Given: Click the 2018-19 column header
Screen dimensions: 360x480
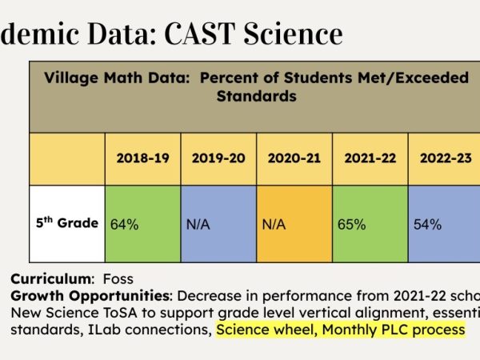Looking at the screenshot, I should point(142,158).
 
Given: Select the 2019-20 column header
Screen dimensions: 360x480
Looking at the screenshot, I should point(218,158).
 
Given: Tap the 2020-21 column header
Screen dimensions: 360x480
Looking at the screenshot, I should point(294,158).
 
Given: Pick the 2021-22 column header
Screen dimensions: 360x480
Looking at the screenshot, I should point(370,158).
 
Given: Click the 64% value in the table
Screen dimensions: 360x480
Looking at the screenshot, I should point(124,225).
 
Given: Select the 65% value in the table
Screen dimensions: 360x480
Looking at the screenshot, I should point(352,225).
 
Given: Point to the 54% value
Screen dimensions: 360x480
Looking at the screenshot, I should point(427,225).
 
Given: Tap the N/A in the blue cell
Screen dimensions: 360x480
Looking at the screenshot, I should point(198,225).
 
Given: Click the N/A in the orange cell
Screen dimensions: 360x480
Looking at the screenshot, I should point(274,225).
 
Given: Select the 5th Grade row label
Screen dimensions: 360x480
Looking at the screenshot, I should point(67,223).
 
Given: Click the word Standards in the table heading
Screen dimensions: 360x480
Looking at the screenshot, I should point(256,96).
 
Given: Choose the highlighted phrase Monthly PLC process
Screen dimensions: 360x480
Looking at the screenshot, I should point(392,329).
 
